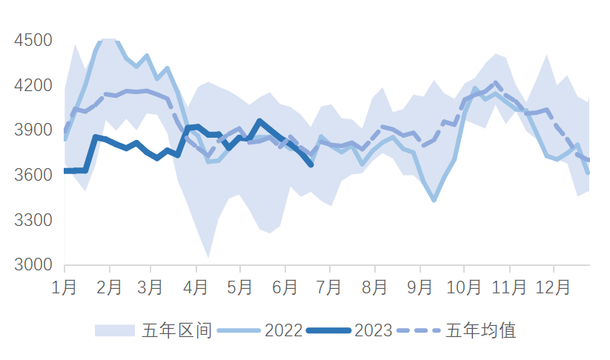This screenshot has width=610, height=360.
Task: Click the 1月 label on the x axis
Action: [x=64, y=287]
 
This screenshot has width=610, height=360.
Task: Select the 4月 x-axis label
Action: [x=196, y=287]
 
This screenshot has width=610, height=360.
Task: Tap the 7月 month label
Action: [x=329, y=287]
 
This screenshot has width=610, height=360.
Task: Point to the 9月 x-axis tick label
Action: [x=420, y=287]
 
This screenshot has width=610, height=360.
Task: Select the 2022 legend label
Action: [x=282, y=330]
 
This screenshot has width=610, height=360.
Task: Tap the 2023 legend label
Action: [x=373, y=330]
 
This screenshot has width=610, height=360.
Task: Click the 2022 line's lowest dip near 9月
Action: [x=434, y=200]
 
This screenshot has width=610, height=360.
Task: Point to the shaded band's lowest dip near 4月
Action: [x=208, y=257]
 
